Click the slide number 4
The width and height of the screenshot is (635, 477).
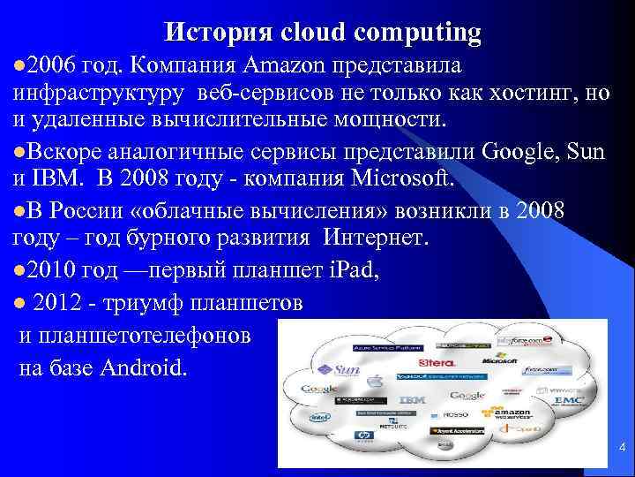[x=623, y=447]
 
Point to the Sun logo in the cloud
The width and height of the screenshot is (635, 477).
[x=340, y=370]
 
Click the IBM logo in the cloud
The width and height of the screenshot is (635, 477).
[x=412, y=400]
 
